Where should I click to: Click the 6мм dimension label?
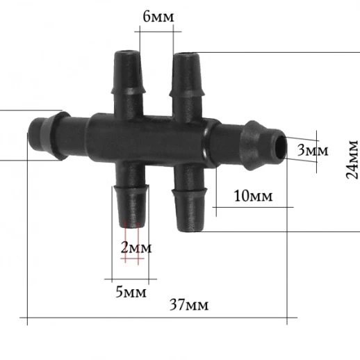click(158, 17)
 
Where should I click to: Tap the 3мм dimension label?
click(313, 150)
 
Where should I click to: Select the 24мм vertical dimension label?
click(352, 159)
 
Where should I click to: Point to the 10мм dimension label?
click(254, 196)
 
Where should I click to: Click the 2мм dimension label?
click(136, 248)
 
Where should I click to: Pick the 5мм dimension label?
click(131, 292)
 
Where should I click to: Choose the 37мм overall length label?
click(189, 304)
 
